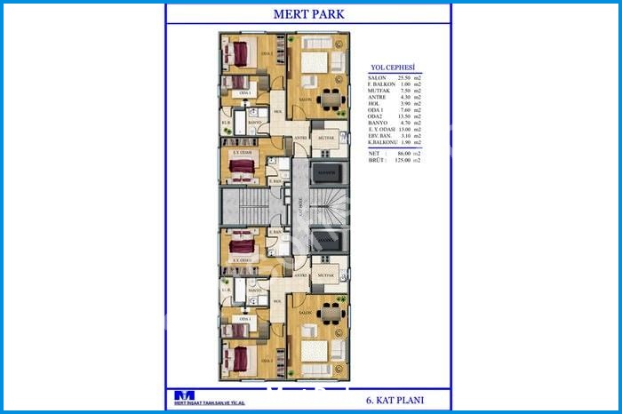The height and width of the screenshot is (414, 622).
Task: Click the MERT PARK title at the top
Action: point(307,15)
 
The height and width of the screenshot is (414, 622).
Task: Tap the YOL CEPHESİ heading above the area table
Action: point(395,68)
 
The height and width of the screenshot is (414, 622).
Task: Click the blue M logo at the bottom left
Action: point(184,395)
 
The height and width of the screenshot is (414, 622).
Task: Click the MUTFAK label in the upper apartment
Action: point(325,139)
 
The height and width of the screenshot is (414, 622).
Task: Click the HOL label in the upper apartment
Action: point(278,111)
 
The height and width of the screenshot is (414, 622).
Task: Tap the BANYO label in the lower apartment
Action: point(254,290)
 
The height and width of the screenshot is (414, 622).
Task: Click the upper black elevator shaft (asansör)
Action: point(325,170)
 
